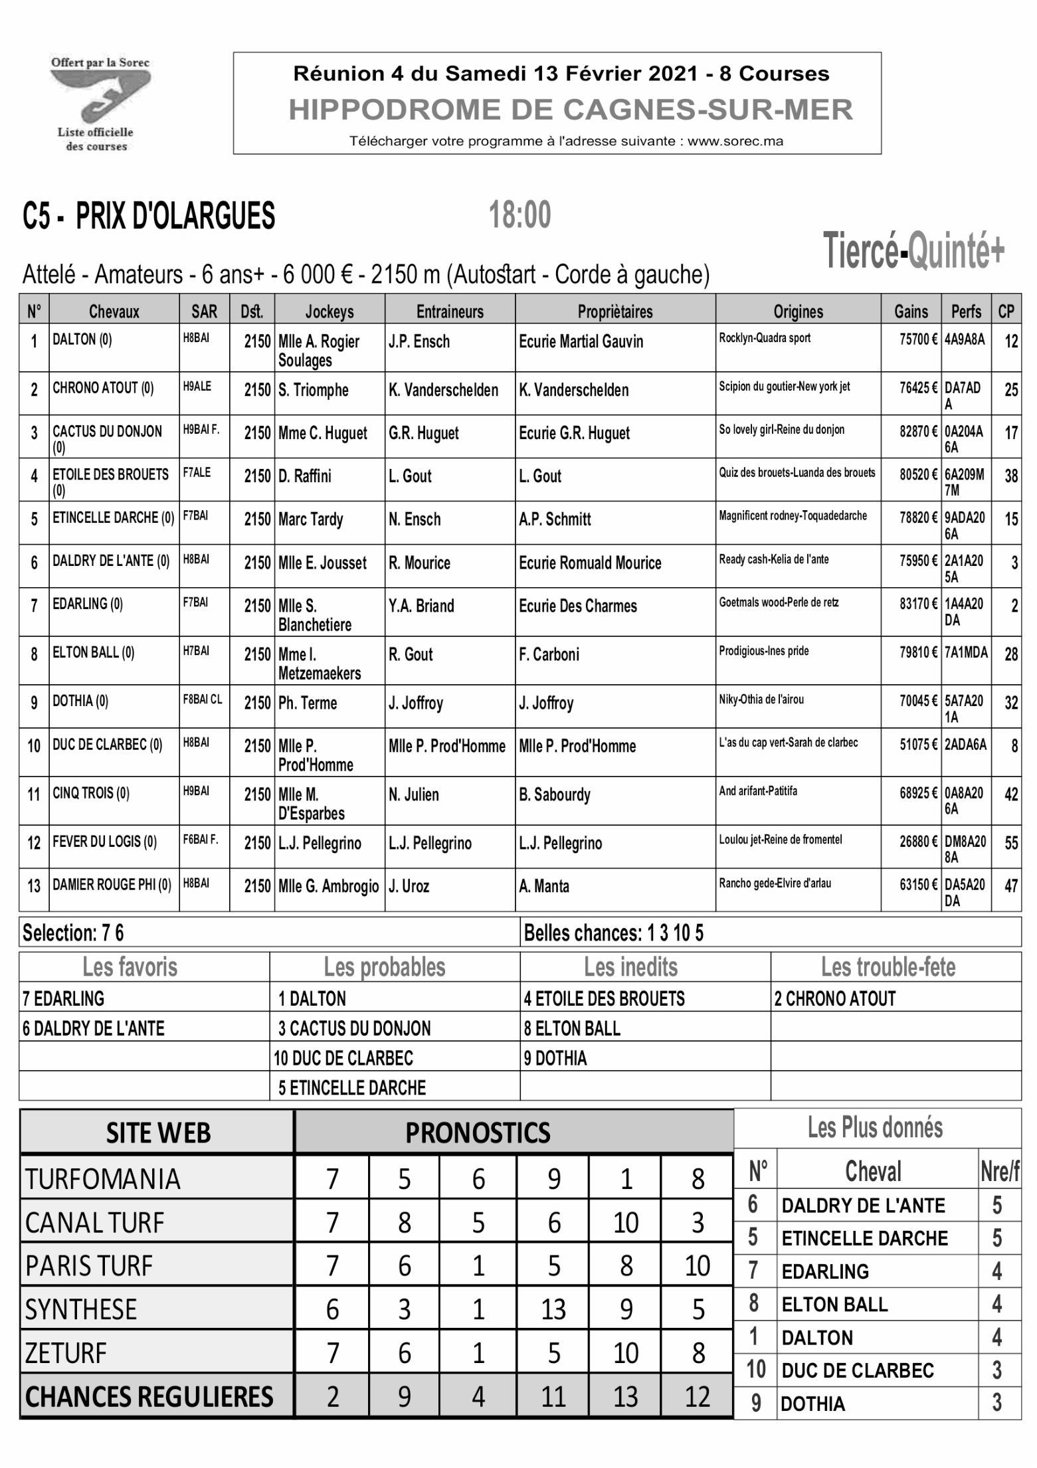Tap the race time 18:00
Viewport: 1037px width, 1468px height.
(519, 215)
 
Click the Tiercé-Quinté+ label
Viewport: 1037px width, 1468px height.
(914, 252)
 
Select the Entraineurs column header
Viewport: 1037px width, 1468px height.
(450, 311)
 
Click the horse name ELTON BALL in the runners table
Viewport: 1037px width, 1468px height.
(93, 653)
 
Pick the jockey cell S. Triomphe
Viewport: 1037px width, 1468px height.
(314, 390)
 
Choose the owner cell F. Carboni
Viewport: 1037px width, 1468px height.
(549, 655)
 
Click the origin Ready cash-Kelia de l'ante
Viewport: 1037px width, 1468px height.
(774, 559)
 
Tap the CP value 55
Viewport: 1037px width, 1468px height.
(1011, 844)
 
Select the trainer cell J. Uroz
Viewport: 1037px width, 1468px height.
(409, 886)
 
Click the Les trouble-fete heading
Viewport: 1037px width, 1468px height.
(888, 967)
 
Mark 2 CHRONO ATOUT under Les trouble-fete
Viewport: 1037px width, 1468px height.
(835, 998)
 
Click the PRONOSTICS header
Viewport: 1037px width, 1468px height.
(478, 1133)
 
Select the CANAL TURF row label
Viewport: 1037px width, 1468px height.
(95, 1223)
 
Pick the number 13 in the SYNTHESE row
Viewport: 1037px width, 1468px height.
(553, 1309)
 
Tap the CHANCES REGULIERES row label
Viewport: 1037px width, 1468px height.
(149, 1397)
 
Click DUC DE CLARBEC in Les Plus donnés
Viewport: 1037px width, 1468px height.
(858, 1370)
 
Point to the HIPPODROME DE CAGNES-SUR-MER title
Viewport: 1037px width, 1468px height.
(570, 110)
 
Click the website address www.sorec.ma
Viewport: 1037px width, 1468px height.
(735, 141)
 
